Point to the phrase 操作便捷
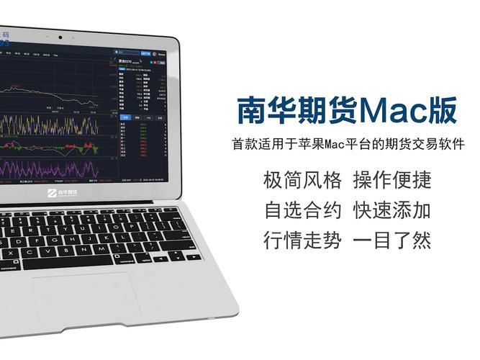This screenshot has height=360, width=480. pyautogui.click(x=391, y=179)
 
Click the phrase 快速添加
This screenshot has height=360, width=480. pyautogui.click(x=391, y=210)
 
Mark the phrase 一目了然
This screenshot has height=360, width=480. pyautogui.click(x=391, y=240)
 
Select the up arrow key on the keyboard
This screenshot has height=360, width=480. pyautogui.click(x=177, y=251)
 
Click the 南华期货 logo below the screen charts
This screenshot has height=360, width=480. pyautogui.click(x=63, y=193)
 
